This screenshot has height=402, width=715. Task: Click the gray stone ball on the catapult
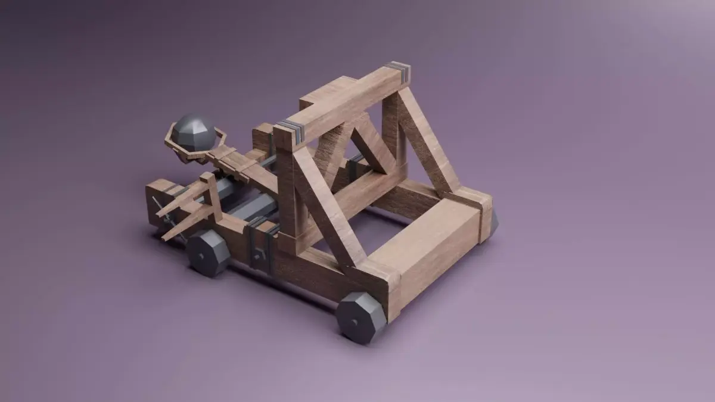click(x=194, y=132)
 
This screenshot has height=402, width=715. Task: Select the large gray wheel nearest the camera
click(x=360, y=317)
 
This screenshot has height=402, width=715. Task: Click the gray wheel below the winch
click(x=207, y=253)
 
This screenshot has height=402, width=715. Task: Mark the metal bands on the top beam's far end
click(x=400, y=71)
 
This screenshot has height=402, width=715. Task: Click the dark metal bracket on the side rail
click(x=260, y=244)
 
